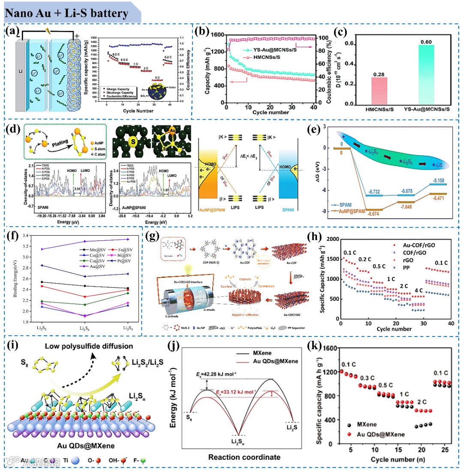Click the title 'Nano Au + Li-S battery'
66,13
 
